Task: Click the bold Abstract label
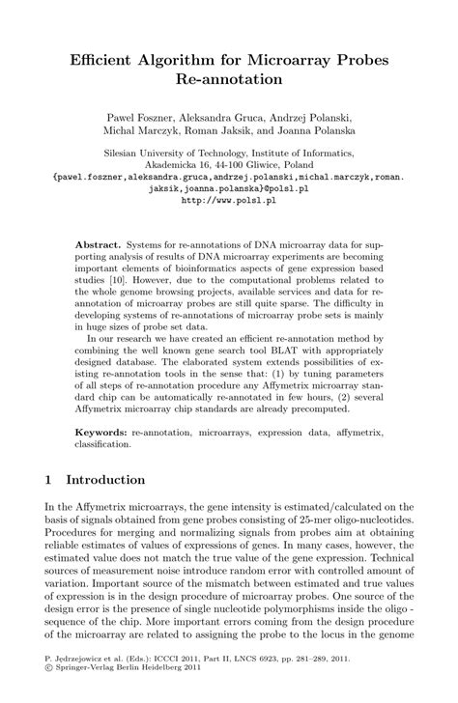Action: (97, 247)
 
